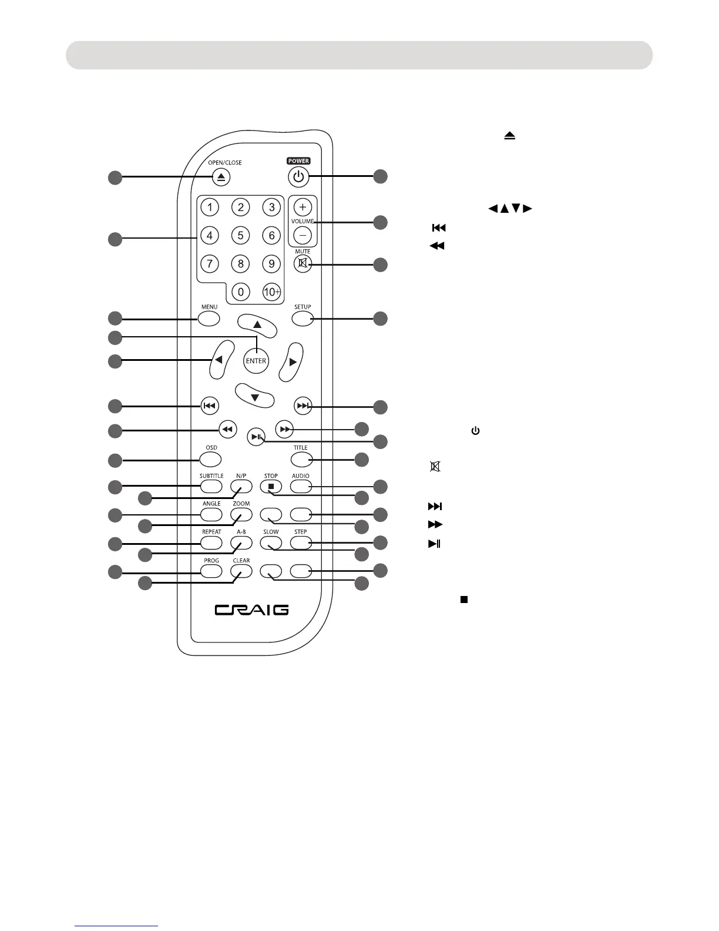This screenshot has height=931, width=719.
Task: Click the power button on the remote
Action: pyautogui.click(x=298, y=176)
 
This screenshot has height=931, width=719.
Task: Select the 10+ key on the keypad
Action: pyautogui.click(x=271, y=292)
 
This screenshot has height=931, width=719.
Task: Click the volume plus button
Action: pyautogui.click(x=303, y=207)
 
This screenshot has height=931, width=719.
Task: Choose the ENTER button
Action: pyautogui.click(x=256, y=361)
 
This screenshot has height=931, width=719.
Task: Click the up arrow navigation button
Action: pyautogui.click(x=257, y=326)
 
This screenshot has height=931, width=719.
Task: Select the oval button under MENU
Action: pyautogui.click(x=209, y=319)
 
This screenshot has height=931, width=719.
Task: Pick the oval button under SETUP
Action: pyautogui.click(x=302, y=319)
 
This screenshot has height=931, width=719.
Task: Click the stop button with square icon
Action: pyautogui.click(x=271, y=487)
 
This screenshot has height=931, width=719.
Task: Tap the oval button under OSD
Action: pyautogui.click(x=211, y=459)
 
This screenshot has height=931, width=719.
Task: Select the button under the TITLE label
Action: pyautogui.click(x=301, y=459)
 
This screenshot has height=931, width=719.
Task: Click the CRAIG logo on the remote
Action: pyautogui.click(x=251, y=609)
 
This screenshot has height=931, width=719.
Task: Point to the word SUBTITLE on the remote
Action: pyautogui.click(x=211, y=476)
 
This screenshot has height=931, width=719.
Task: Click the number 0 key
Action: pyautogui.click(x=241, y=292)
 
